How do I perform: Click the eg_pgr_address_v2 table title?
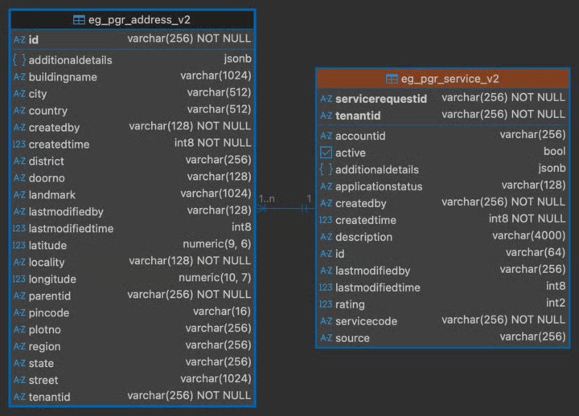pos(139,19)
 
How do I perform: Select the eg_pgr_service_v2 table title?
pos(450,79)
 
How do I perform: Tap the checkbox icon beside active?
pos(326,153)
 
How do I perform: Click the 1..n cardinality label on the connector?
pos(267,199)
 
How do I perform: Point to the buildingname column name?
pos(63,77)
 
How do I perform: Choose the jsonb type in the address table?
pos(237,59)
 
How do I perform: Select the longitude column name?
pos(52,279)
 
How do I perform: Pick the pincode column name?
pos(49,312)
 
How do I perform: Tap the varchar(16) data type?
pos(222,312)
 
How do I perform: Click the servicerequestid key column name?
pos(380,99)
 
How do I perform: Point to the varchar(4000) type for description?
pos(529,235)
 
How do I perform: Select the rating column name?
pos(350,304)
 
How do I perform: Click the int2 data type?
pos(556,303)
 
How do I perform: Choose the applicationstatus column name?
pos(379,186)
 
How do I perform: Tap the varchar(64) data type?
pos(536,252)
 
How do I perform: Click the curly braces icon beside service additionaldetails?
pos(326,169)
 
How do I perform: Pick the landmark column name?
pos(51,194)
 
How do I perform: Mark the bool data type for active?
pos(555,151)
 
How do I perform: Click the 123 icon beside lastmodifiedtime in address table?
pos(18,228)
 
